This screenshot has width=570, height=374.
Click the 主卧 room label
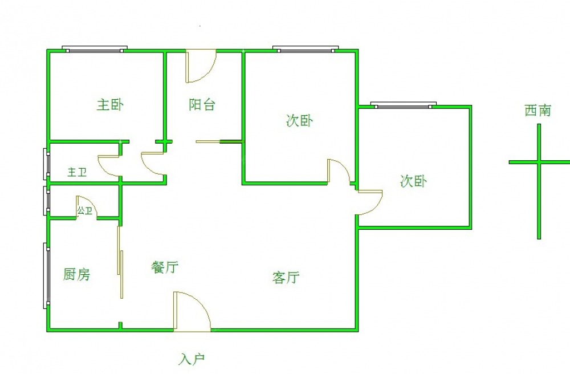tap(110, 105)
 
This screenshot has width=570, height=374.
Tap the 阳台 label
tap(202, 105)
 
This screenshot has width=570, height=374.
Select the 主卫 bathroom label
tap(77, 172)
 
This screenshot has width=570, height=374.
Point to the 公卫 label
tap(85, 211)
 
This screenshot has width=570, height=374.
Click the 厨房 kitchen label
tap(76, 275)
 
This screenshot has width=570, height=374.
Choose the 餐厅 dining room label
tap(165, 267)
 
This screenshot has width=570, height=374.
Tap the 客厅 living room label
tap(286, 278)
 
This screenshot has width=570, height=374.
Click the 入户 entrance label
tap(192, 359)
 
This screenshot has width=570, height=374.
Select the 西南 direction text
tap(538, 111)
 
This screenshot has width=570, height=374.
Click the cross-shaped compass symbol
tap(539, 162)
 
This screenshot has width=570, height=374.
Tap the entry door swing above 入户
tap(192, 311)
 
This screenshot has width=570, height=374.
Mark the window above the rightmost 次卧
tap(403, 105)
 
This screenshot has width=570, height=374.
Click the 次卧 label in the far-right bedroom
tap(413, 181)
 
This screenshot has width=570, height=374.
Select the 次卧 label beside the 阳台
tap(299, 121)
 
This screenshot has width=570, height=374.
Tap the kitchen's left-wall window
tap(46, 276)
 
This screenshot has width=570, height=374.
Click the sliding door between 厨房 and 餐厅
tap(120, 262)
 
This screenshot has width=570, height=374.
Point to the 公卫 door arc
tap(87, 207)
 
